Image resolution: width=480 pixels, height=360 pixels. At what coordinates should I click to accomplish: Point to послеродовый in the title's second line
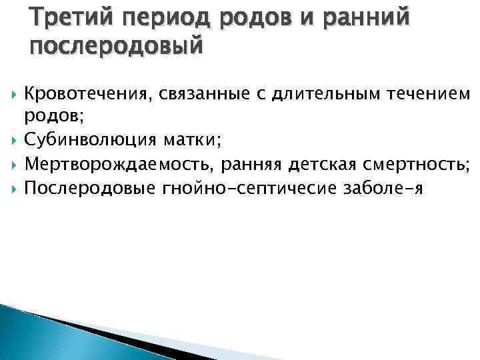(x=115, y=47)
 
